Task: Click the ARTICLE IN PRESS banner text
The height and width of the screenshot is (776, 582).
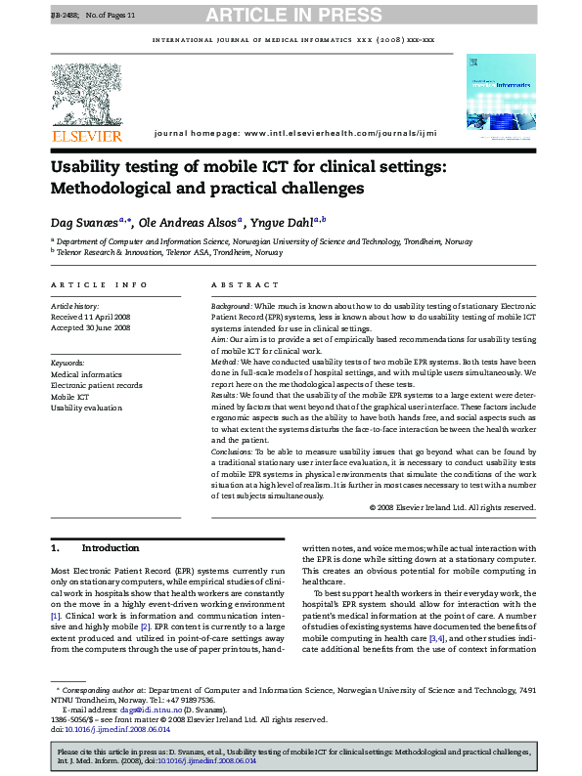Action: click(x=291, y=15)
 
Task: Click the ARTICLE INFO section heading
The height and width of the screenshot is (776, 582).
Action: click(x=99, y=284)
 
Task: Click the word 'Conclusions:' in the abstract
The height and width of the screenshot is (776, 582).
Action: click(x=235, y=452)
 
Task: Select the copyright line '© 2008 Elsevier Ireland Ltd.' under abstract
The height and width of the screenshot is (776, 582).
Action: click(x=452, y=507)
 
